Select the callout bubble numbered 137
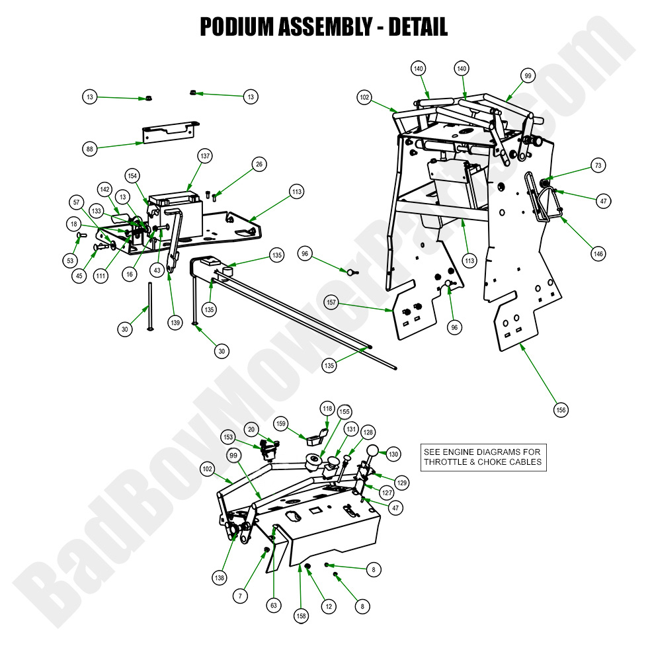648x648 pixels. tap(205, 155)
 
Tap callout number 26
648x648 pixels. tap(259, 164)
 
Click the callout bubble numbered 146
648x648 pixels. tap(598, 253)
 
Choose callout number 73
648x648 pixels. tap(598, 166)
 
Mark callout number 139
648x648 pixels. tap(175, 322)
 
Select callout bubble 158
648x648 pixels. tap(302, 616)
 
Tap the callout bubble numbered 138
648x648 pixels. tap(219, 577)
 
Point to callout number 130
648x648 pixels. tap(393, 454)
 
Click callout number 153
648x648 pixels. tap(228, 437)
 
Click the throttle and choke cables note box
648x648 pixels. tap(483, 457)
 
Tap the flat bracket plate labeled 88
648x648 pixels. tap(169, 132)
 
